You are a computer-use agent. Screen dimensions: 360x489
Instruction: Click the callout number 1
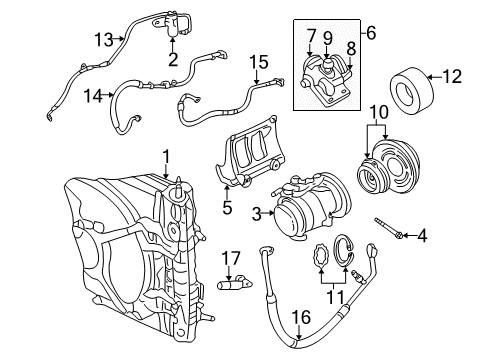coord(166,156)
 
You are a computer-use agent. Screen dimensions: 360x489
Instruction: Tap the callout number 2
coord(173,60)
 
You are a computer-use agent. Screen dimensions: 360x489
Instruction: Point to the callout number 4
coord(421,237)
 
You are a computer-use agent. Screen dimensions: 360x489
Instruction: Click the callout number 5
coord(228,209)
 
